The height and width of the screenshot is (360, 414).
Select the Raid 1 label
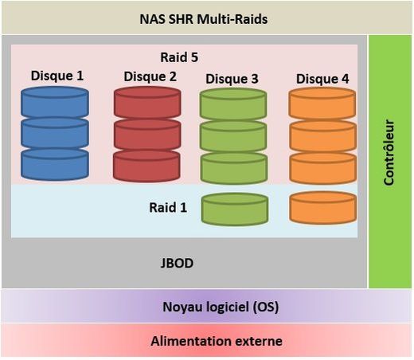[168, 207]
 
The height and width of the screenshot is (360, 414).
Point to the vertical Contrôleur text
[389, 153]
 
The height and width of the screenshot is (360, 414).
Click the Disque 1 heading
[57, 76]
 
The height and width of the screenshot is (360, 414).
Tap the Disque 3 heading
[232, 79]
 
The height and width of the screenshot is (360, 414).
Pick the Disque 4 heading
[322, 79]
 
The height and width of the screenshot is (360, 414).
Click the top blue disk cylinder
[55, 102]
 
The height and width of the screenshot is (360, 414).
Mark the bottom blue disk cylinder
[55, 164]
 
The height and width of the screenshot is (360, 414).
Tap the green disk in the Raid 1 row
[234, 209]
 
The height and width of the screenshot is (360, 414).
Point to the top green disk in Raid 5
[232, 104]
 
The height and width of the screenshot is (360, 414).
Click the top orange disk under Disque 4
[322, 104]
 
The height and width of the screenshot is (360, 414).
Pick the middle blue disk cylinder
[55, 133]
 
